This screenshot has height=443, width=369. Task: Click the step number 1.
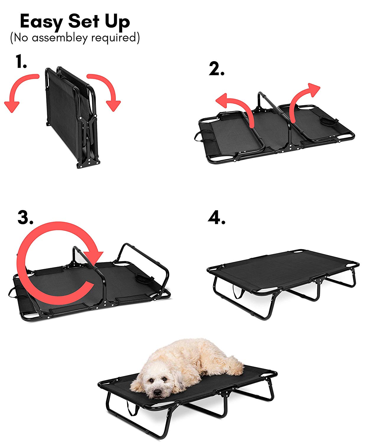(21, 62)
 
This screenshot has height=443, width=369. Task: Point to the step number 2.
(216, 69)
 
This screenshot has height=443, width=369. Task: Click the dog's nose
(158, 392)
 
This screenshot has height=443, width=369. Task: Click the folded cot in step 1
(71, 118)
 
